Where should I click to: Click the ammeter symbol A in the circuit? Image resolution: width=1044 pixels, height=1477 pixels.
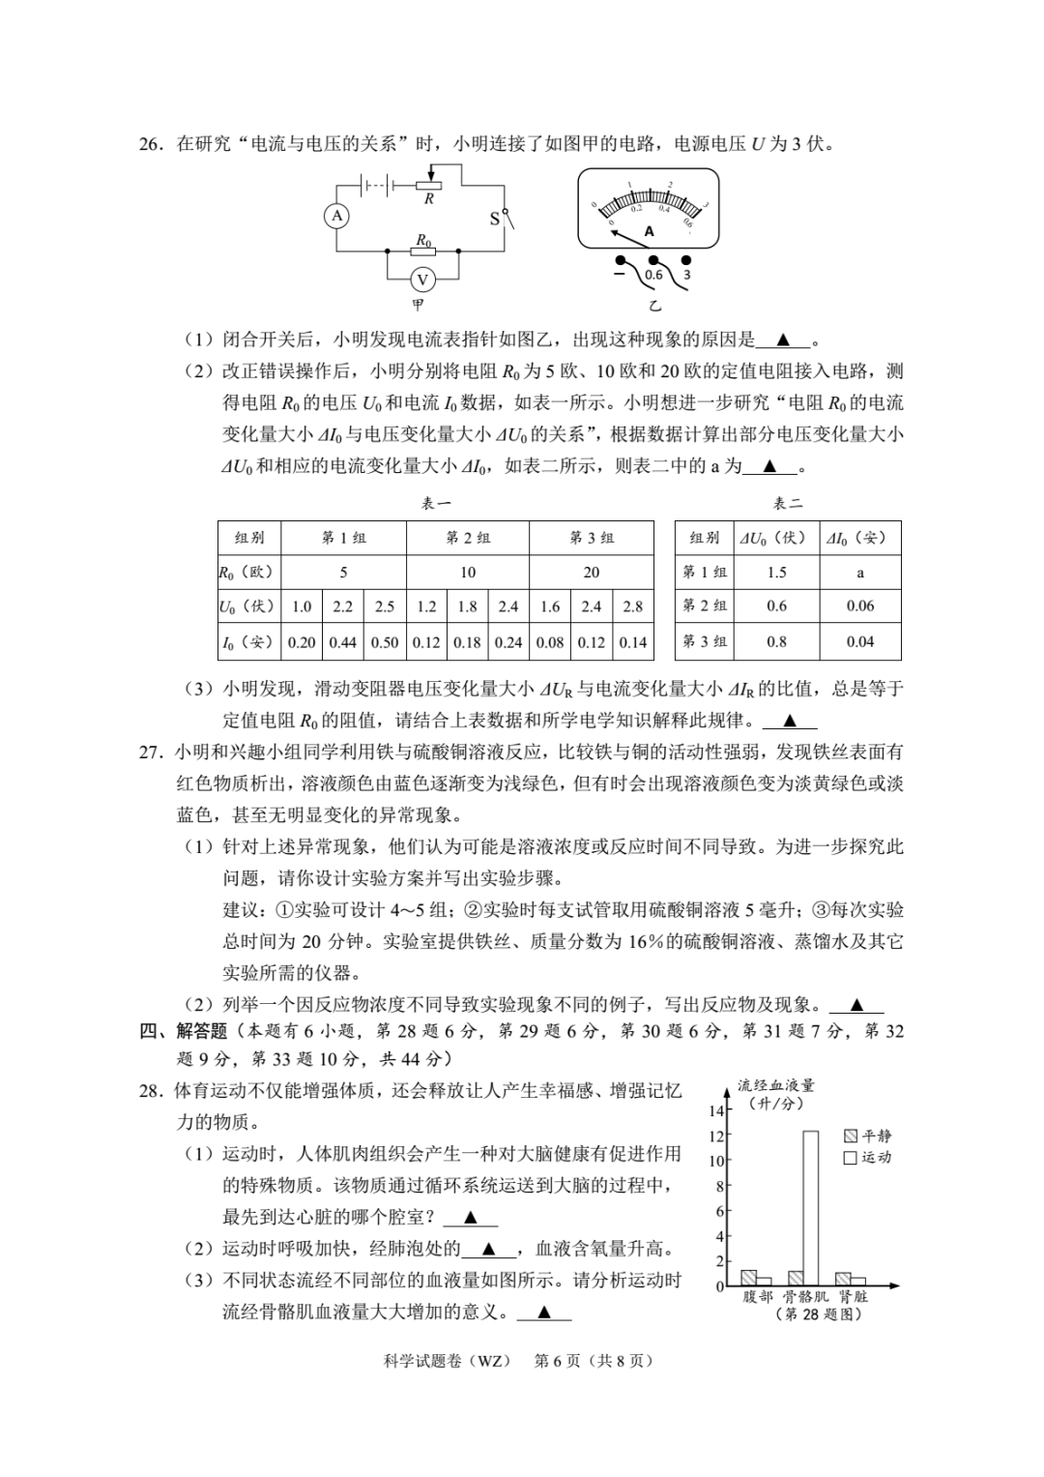pyautogui.click(x=336, y=217)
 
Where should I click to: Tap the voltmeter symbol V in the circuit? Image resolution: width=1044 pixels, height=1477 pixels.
pyautogui.click(x=422, y=280)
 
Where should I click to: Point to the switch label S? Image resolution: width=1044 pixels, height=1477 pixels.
pyautogui.click(x=495, y=219)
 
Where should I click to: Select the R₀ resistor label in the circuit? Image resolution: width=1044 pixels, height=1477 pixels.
pyautogui.click(x=423, y=239)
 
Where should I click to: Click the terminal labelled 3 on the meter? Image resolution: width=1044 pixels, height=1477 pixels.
pyautogui.click(x=686, y=275)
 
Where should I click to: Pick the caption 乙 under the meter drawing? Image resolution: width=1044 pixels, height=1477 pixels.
pyautogui.click(x=655, y=307)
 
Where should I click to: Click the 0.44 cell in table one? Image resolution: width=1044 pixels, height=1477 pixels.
pyautogui.click(x=343, y=641)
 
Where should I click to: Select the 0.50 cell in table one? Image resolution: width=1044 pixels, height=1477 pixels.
pyautogui.click(x=385, y=641)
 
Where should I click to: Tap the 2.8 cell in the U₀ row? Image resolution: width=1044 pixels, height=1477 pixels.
pyautogui.click(x=633, y=606)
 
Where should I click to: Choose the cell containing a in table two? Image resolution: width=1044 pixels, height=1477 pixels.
pyautogui.click(x=860, y=573)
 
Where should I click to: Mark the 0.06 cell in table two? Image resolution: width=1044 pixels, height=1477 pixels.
pyautogui.click(x=860, y=606)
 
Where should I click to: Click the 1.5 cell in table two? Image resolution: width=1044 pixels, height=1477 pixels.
pyautogui.click(x=777, y=573)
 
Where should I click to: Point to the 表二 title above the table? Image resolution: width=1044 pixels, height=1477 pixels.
pyautogui.click(x=788, y=503)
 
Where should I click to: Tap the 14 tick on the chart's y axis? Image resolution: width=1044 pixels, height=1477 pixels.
pyautogui.click(x=716, y=1111)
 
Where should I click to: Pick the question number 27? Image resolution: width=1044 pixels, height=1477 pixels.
pyautogui.click(x=152, y=752)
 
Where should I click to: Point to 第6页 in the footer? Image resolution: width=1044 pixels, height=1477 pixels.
pyautogui.click(x=557, y=1361)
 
